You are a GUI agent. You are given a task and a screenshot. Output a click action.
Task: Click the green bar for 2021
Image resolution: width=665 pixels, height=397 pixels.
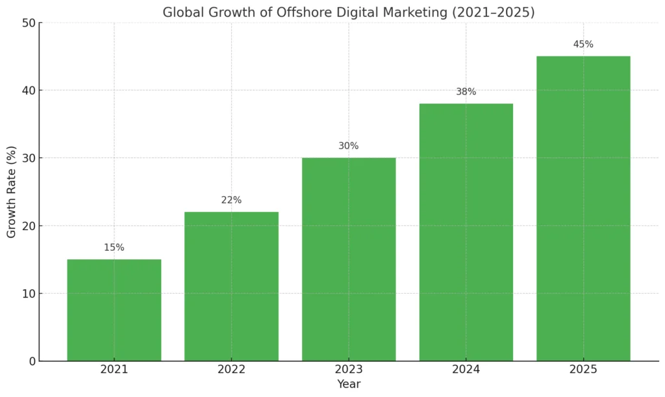[114, 310]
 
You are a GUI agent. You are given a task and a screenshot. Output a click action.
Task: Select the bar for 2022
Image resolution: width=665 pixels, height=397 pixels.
[231, 286]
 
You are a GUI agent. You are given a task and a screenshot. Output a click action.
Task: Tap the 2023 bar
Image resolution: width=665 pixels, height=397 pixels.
[349, 259]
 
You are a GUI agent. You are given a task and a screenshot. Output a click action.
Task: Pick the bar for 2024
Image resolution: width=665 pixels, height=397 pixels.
[466, 232]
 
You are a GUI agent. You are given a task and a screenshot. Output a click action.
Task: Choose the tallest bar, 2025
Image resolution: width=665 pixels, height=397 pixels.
[583, 208]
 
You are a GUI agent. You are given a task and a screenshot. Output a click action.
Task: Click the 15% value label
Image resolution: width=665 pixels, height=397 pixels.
[114, 248]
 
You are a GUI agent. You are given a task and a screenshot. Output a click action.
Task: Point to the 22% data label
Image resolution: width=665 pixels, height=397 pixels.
[231, 200]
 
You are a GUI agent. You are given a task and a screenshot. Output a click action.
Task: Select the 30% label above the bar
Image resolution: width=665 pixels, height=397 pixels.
[349, 146]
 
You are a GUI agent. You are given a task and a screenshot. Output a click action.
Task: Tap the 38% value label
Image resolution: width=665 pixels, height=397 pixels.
[466, 92]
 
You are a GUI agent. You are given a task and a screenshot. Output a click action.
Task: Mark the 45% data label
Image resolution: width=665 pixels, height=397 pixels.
[583, 44]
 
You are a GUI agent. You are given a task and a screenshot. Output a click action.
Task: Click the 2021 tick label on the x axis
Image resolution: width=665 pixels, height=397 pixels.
[114, 370]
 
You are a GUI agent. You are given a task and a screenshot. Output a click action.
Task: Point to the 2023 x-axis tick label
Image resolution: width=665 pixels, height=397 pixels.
[349, 370]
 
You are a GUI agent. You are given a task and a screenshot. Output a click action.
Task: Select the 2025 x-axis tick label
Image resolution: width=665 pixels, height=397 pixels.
[583, 370]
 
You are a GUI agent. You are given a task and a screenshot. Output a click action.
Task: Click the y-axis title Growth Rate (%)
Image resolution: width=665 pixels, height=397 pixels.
[12, 192]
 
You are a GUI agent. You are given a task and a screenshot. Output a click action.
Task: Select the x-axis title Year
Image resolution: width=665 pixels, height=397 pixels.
[349, 385]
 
